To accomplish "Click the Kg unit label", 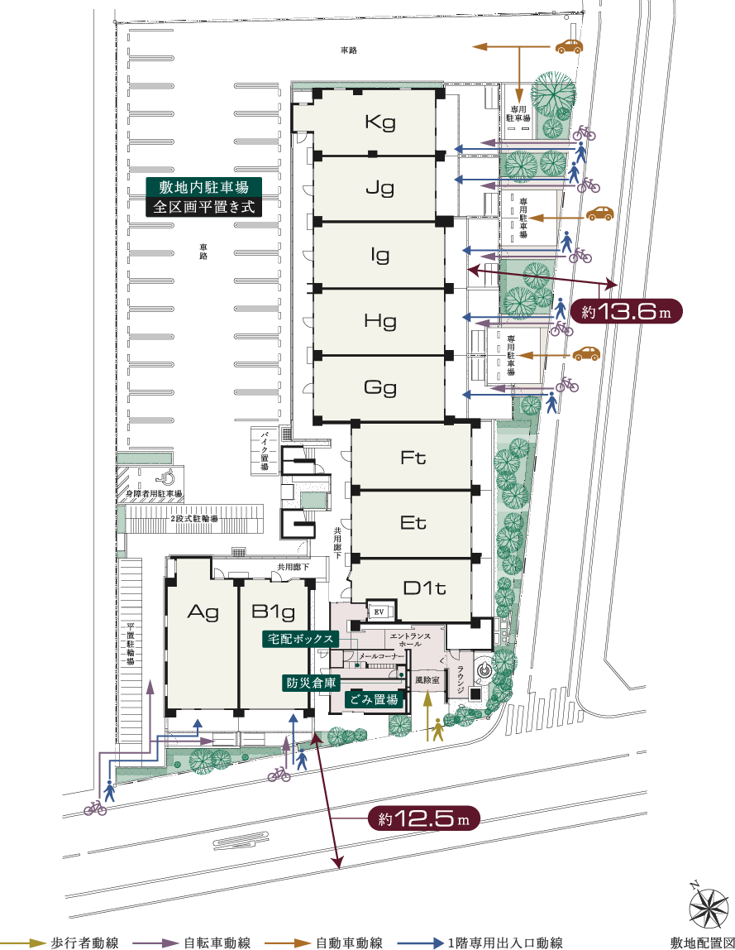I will pos(380,123).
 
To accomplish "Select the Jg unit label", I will pos(380,188).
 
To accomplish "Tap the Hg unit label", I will pos(380,321).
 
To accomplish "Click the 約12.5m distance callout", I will pos(423,819).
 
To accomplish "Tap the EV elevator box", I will pos(380,611).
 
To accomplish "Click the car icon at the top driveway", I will pos(570,47).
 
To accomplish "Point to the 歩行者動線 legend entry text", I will pos(84,943).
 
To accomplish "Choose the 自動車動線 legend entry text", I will pos(349,943).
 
